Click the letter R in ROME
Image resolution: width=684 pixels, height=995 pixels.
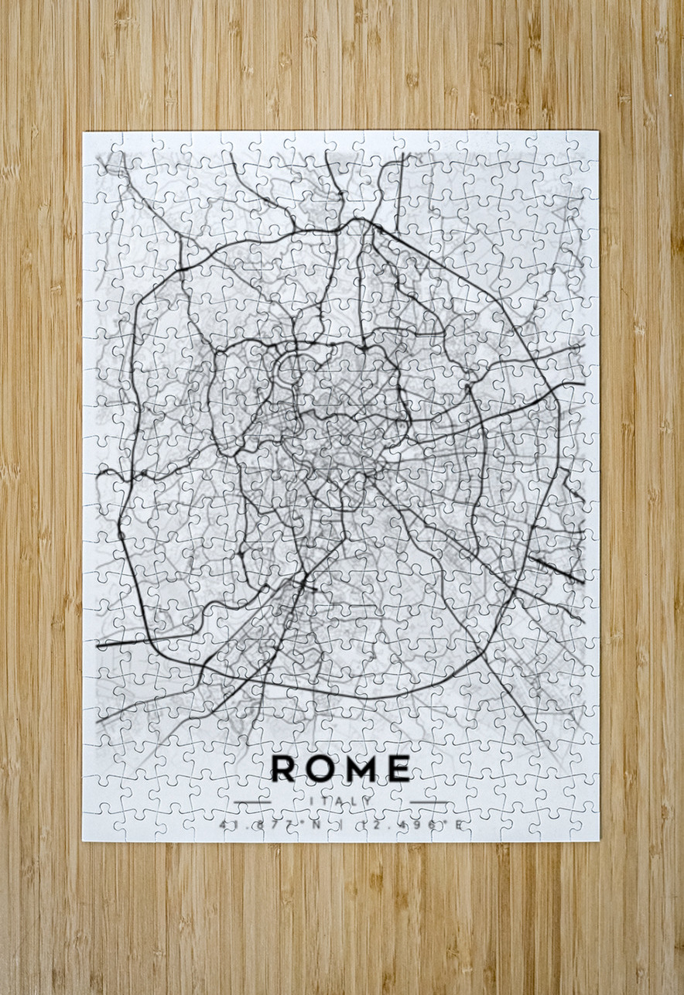[283, 768]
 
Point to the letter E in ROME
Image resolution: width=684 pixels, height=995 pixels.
[398, 768]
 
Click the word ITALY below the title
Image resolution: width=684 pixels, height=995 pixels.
[341, 801]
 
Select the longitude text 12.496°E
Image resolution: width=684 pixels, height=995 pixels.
[409, 825]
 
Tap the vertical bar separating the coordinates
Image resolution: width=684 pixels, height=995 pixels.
[340, 825]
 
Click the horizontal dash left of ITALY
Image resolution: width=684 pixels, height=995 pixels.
[252, 802]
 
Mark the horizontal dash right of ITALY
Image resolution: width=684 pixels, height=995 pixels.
[429, 802]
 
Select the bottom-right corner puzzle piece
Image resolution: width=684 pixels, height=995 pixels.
[582, 823]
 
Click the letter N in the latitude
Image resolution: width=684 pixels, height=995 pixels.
[316, 825]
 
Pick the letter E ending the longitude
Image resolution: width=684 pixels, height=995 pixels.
[458, 825]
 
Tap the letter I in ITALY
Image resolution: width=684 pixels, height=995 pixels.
[310, 801]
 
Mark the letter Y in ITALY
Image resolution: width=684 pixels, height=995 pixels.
[371, 801]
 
